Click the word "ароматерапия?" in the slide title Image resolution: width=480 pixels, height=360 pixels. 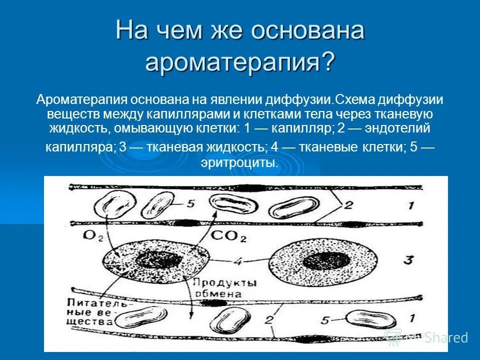point(239,62)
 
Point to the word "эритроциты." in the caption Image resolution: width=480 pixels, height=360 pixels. point(239,162)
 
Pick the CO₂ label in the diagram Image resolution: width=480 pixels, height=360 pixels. point(228,236)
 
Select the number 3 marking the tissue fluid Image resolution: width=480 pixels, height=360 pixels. point(408,260)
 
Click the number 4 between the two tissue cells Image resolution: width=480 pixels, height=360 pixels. point(239,260)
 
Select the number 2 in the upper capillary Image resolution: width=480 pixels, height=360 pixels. point(348,204)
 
